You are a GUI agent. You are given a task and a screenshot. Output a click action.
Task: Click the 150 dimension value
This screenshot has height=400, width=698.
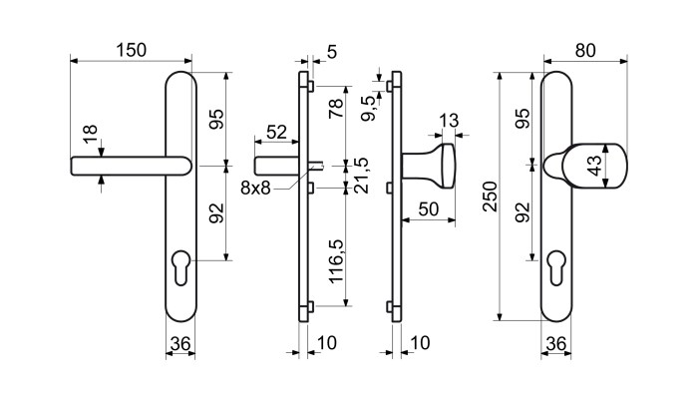point(132,50)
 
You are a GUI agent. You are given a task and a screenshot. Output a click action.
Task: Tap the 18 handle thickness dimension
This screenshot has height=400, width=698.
point(90,134)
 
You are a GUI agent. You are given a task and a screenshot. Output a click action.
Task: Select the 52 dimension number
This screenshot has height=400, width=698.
point(276,132)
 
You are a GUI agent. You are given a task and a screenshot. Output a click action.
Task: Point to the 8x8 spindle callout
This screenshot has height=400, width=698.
point(255,188)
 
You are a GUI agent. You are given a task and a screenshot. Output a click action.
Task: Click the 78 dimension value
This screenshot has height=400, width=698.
point(336,108)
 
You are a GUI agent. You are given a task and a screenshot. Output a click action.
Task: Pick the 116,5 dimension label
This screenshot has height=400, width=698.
point(336,261)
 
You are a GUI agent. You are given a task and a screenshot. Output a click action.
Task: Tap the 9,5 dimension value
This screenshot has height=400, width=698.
point(369,109)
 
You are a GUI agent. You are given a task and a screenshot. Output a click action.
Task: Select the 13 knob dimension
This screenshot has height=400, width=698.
point(449,121)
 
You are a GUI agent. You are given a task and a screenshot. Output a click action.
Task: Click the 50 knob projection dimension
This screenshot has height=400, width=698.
point(429,208)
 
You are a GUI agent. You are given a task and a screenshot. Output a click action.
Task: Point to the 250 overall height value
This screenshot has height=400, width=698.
point(491,197)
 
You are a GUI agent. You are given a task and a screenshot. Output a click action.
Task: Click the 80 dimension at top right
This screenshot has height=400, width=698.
point(585,51)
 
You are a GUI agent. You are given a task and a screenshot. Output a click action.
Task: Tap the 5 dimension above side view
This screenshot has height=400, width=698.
point(332,52)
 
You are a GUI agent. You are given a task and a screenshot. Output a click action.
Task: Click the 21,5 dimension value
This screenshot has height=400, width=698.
point(360,175)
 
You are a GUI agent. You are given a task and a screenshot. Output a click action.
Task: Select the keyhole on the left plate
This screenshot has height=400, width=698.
point(180,268)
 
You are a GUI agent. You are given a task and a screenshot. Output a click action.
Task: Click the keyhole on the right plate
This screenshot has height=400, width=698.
point(556,268)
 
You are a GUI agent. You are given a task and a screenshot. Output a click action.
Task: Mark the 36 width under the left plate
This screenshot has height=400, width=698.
point(180,344)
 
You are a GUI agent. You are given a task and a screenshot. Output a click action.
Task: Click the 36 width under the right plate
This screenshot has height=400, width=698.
point(556,344)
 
